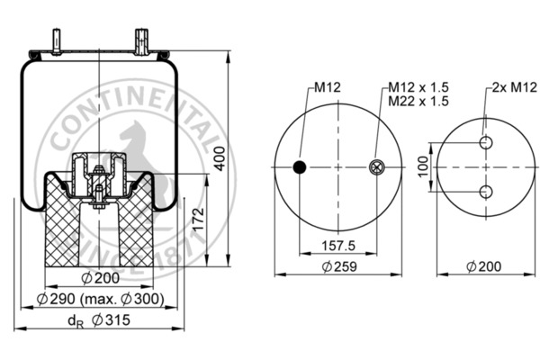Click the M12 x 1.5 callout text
pos(418,87)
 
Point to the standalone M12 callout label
pos(326,87)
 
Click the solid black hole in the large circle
pos(300,166)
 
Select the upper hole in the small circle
pos(486,144)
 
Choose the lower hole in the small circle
pos(486,191)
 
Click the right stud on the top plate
pos(140,41)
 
